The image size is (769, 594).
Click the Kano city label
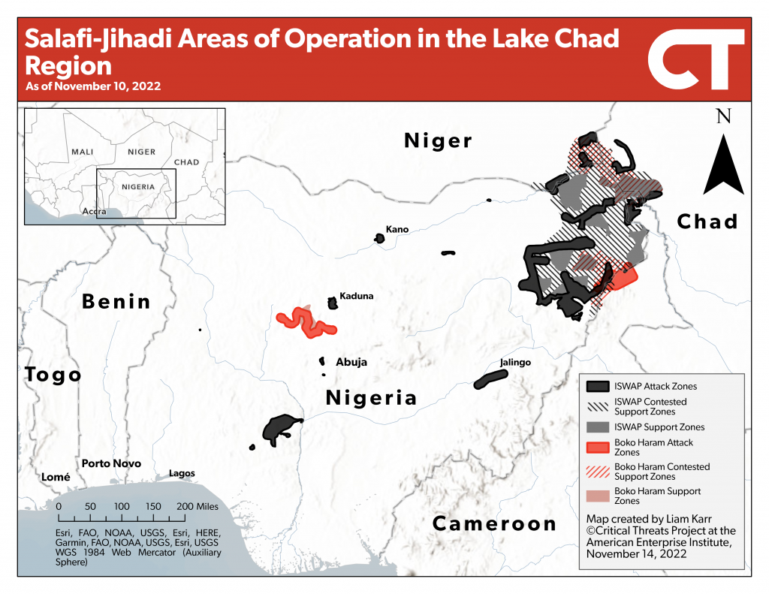click(x=397, y=229)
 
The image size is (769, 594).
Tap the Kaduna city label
click(x=356, y=296)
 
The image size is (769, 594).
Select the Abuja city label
click(x=351, y=362)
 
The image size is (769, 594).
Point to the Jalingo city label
click(x=515, y=363)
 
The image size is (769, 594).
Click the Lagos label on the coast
click(x=182, y=473)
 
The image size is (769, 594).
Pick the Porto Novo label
click(x=111, y=463)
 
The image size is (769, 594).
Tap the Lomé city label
click(x=56, y=477)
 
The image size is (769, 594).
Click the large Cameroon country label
click(x=494, y=523)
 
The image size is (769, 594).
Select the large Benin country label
click(x=116, y=302)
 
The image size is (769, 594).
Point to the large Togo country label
click(x=53, y=374)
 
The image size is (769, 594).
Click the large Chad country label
click(x=707, y=222)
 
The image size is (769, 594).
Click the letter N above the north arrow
click(x=723, y=116)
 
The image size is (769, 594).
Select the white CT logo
click(x=695, y=59)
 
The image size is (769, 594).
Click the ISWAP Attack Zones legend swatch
click(x=597, y=386)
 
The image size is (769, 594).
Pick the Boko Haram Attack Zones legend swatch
click(x=597, y=448)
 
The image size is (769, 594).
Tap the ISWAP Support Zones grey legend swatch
click(x=597, y=427)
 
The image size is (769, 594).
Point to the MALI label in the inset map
click(x=82, y=152)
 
